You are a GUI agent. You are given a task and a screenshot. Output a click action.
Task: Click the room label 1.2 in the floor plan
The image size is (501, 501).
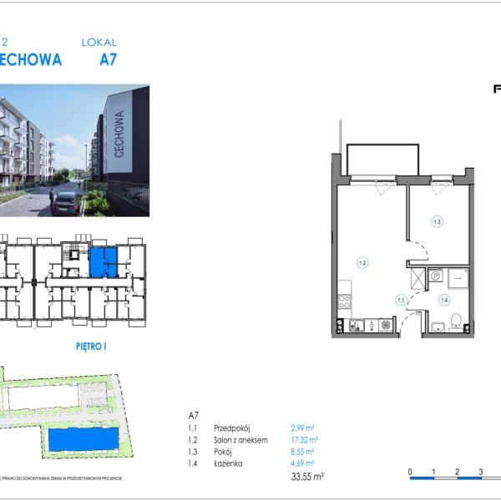coord(362,263)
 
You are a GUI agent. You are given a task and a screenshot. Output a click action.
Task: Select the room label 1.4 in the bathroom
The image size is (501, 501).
coord(444,300)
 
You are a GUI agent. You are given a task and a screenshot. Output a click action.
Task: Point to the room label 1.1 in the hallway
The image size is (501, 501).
coord(401,301)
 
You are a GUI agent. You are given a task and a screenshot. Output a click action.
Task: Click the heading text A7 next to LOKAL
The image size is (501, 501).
coord(109,60)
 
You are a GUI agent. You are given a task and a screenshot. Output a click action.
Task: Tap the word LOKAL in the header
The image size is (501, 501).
coord(99,42)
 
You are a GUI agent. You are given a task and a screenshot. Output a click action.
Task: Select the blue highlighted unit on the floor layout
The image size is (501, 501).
coord(104,264)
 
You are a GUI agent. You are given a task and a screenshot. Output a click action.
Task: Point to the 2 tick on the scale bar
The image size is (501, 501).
coord(458,473)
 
